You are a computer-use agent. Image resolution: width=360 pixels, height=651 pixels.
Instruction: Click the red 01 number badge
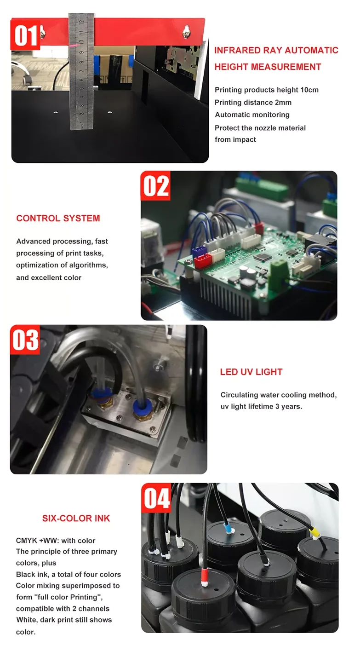click(x=25, y=35)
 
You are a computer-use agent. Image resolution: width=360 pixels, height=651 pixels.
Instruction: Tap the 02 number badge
click(x=155, y=186)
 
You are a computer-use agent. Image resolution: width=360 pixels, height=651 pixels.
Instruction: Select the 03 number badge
click(x=25, y=340)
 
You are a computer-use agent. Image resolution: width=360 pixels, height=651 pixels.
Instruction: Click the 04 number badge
click(x=156, y=498)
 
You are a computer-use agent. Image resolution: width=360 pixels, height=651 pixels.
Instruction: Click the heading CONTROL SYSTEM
click(x=58, y=218)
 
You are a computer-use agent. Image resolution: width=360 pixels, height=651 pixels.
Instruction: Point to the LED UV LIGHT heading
click(x=251, y=372)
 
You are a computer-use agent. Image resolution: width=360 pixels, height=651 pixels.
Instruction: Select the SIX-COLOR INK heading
click(x=76, y=518)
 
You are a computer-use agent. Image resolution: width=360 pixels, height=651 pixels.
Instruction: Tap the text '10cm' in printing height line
click(x=309, y=90)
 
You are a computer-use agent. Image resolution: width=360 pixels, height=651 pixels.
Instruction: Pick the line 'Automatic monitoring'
click(x=252, y=115)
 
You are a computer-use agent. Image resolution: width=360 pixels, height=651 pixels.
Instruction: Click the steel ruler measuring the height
click(x=81, y=71)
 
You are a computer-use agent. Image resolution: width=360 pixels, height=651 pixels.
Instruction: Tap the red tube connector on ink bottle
click(x=205, y=577)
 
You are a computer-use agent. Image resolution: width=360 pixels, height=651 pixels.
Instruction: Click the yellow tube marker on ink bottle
click(x=314, y=531)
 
